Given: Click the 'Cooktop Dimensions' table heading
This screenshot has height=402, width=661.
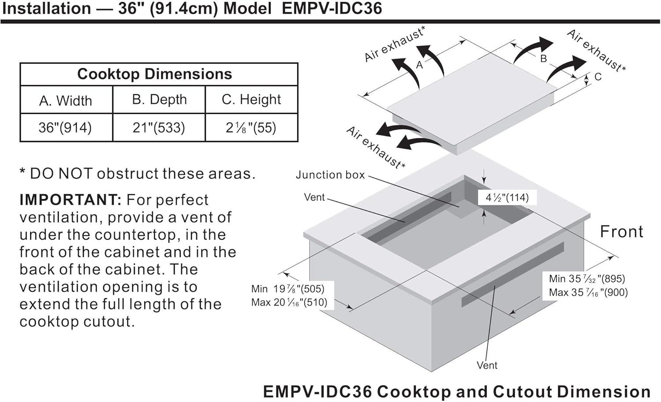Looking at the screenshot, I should (154, 74).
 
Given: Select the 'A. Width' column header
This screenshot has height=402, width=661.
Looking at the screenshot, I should (66, 101).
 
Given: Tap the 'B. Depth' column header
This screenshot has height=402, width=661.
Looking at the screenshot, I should (159, 100).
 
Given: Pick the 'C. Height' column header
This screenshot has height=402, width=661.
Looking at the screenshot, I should (251, 100).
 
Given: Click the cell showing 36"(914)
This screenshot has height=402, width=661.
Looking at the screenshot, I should (65, 128).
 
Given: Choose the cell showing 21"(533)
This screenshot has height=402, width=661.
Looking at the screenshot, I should (159, 128).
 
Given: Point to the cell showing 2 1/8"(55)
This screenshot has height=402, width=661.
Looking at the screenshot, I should (251, 128).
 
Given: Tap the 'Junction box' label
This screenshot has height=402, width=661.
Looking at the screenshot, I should (330, 175).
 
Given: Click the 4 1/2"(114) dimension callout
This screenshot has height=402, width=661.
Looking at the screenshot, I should (507, 197).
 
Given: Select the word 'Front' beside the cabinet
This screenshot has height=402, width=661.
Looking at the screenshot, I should (622, 232).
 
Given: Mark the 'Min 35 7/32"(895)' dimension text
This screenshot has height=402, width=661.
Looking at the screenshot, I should (587, 279).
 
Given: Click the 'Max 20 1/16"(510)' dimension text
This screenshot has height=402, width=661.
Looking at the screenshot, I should (289, 302).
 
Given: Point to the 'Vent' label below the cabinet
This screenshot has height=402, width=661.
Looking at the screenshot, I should (487, 365).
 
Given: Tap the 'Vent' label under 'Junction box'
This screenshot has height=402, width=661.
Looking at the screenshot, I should (314, 197).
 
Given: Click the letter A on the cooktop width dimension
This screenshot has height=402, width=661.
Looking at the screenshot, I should (420, 65).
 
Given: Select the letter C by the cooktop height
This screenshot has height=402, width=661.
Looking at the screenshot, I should (598, 77).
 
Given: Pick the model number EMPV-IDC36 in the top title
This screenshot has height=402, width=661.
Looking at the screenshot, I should (332, 9).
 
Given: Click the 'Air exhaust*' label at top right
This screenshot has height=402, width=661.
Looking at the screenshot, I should (596, 50).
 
